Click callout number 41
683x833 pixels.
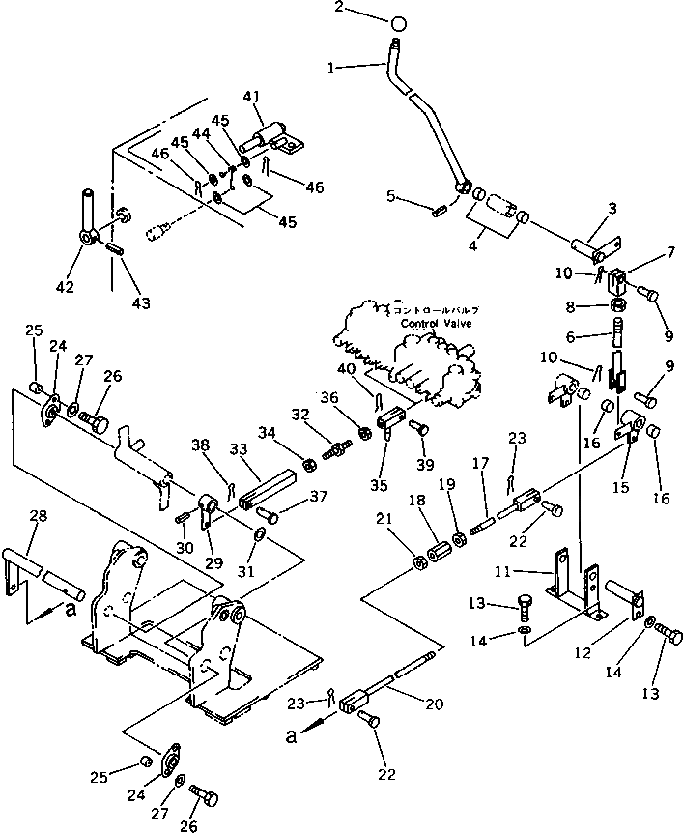(252, 96)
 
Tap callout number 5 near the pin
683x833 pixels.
(390, 196)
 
